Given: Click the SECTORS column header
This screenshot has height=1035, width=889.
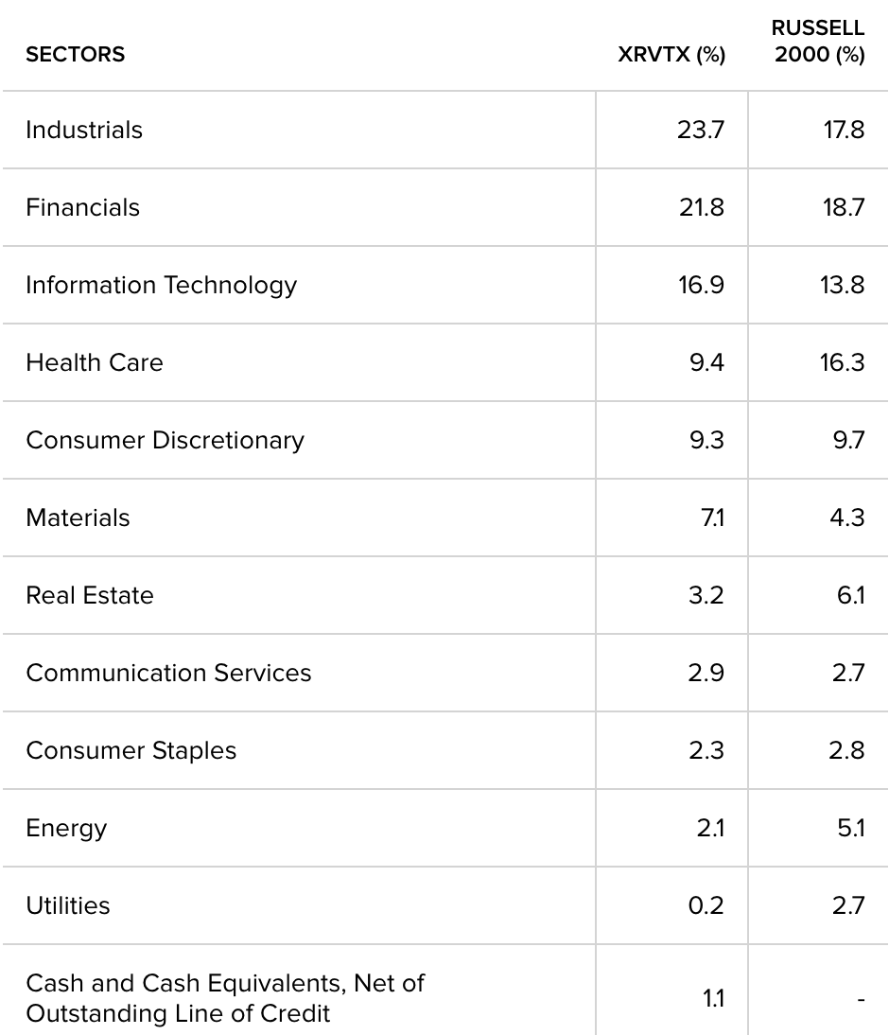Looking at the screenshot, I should (x=75, y=55).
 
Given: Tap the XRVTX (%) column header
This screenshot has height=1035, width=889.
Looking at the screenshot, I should (x=671, y=55).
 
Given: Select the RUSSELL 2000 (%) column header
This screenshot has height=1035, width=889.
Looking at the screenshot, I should (x=819, y=43).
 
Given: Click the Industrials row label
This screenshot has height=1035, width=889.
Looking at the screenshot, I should (x=84, y=130).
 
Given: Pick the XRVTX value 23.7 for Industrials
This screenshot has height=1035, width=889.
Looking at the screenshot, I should (x=701, y=130).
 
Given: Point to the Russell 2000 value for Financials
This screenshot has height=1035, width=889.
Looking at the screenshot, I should (x=842, y=207).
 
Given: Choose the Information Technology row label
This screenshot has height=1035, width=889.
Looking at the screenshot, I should (x=161, y=285).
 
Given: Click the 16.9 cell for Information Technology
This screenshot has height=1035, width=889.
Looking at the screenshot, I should (x=701, y=285).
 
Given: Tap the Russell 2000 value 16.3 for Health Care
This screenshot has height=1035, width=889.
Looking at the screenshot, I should (x=842, y=362).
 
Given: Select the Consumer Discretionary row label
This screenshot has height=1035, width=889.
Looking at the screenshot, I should (x=165, y=440).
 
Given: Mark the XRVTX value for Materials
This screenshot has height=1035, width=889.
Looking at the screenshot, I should (x=711, y=517).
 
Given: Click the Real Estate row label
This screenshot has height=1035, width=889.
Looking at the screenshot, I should (x=89, y=595).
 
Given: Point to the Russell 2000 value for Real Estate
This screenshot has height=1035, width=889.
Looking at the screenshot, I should (x=849, y=595).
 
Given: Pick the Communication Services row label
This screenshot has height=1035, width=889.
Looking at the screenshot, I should (x=168, y=673).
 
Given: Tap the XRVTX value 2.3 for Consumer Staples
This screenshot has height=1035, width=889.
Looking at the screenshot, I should (x=706, y=750).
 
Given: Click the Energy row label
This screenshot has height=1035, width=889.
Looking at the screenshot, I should (x=66, y=828).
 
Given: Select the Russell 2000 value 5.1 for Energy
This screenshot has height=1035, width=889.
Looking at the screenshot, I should (x=849, y=828).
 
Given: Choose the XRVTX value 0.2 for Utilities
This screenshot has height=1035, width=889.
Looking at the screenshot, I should (x=706, y=905).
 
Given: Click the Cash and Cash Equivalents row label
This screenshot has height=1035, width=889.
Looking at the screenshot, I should (x=225, y=998).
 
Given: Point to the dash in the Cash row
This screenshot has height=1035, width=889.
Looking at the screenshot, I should (x=861, y=999).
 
